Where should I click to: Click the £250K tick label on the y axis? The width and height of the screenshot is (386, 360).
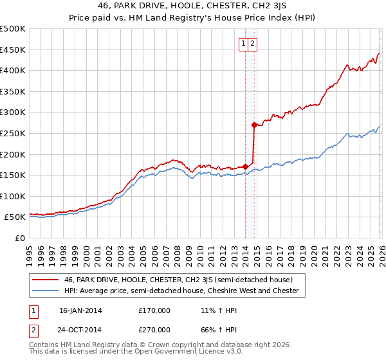[13, 133]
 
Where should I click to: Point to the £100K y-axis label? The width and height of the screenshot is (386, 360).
[13, 196]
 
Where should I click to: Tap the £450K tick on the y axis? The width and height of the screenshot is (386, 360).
[13, 50]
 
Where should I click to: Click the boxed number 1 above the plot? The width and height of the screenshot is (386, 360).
[244, 44]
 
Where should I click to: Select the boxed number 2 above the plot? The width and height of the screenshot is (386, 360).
[253, 44]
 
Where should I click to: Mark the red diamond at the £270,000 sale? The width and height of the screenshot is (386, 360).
[255, 125]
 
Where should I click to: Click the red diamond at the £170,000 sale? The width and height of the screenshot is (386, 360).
[245, 167]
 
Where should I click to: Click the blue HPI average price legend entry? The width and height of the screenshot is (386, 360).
[181, 291]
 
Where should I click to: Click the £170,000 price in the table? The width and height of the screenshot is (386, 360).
[154, 310]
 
